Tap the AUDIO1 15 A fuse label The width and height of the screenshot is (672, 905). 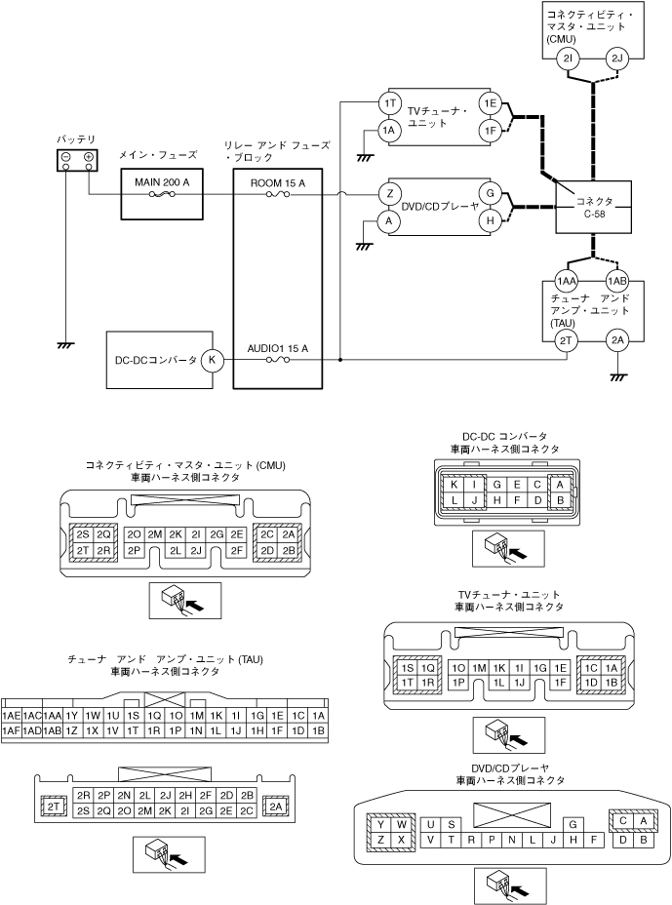tap(277, 348)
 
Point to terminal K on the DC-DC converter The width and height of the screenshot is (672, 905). tap(213, 359)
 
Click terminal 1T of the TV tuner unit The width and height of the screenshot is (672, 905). tap(390, 102)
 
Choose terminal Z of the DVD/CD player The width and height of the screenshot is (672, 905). tap(390, 193)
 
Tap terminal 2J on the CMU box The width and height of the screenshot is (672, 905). tap(616, 59)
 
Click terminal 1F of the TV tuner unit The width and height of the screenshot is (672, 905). tap(490, 131)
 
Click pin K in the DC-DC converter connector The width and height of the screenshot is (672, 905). tap(453, 484)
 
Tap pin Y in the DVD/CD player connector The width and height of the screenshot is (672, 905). tap(379, 824)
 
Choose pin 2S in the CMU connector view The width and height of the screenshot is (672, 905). tap(83, 534)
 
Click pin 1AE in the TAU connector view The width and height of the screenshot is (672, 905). tap(12, 715)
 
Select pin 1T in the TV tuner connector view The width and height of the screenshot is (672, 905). tap(406, 683)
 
